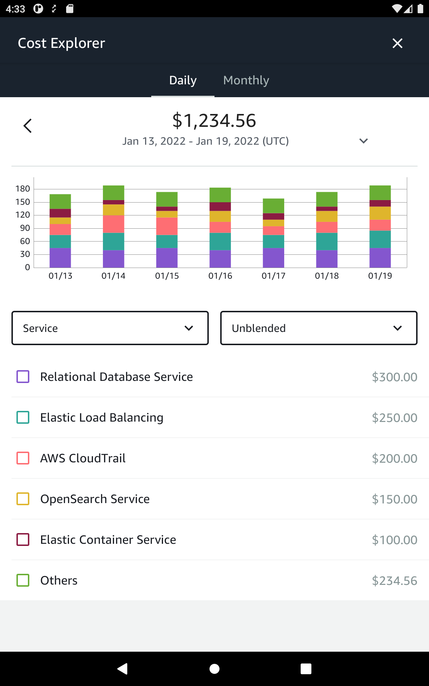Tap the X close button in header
(x=397, y=43)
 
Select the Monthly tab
(x=246, y=80)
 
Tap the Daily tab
(x=183, y=80)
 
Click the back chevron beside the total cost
(x=28, y=126)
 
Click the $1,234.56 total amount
(x=214, y=120)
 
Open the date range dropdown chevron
(x=363, y=141)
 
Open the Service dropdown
(x=110, y=328)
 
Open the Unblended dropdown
(x=319, y=328)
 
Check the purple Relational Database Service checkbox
(x=23, y=377)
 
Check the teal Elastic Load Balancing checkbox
(x=23, y=417)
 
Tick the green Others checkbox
(x=23, y=580)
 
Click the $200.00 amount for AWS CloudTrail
(x=394, y=458)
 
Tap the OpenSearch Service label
(x=95, y=499)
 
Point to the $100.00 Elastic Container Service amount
(x=394, y=540)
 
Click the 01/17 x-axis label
(x=273, y=276)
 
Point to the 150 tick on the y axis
(x=23, y=202)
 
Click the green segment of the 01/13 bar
(x=60, y=201)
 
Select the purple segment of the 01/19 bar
(x=380, y=258)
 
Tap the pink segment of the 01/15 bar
(x=167, y=226)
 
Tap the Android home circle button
(x=214, y=668)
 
